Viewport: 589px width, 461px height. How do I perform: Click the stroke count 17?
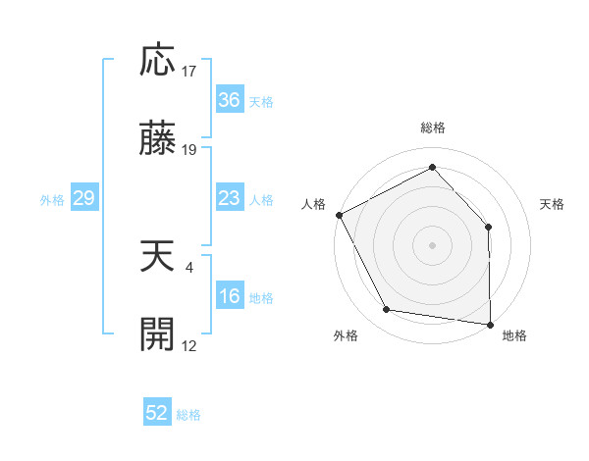[x=189, y=72]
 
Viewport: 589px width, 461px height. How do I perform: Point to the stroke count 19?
[x=189, y=150]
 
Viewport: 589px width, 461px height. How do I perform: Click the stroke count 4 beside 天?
[x=189, y=267]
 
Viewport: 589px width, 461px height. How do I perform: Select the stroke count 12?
[x=189, y=345]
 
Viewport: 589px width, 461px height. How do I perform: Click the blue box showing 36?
[x=229, y=100]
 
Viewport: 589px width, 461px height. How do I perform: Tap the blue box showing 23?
[x=229, y=198]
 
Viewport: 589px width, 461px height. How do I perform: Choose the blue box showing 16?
[x=229, y=297]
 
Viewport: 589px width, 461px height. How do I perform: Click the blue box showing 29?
[x=83, y=198]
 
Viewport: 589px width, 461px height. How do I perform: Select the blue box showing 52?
[x=157, y=414]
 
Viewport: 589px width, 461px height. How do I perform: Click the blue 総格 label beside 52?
[x=188, y=415]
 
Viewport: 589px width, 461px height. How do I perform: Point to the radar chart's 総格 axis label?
[x=432, y=128]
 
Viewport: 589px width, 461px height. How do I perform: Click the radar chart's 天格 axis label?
[x=552, y=204]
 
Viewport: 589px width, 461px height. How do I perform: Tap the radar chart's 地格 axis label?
[x=514, y=335]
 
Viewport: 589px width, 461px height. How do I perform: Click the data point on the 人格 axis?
[x=339, y=214]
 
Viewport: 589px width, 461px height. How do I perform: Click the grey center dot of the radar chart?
[x=432, y=244]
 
